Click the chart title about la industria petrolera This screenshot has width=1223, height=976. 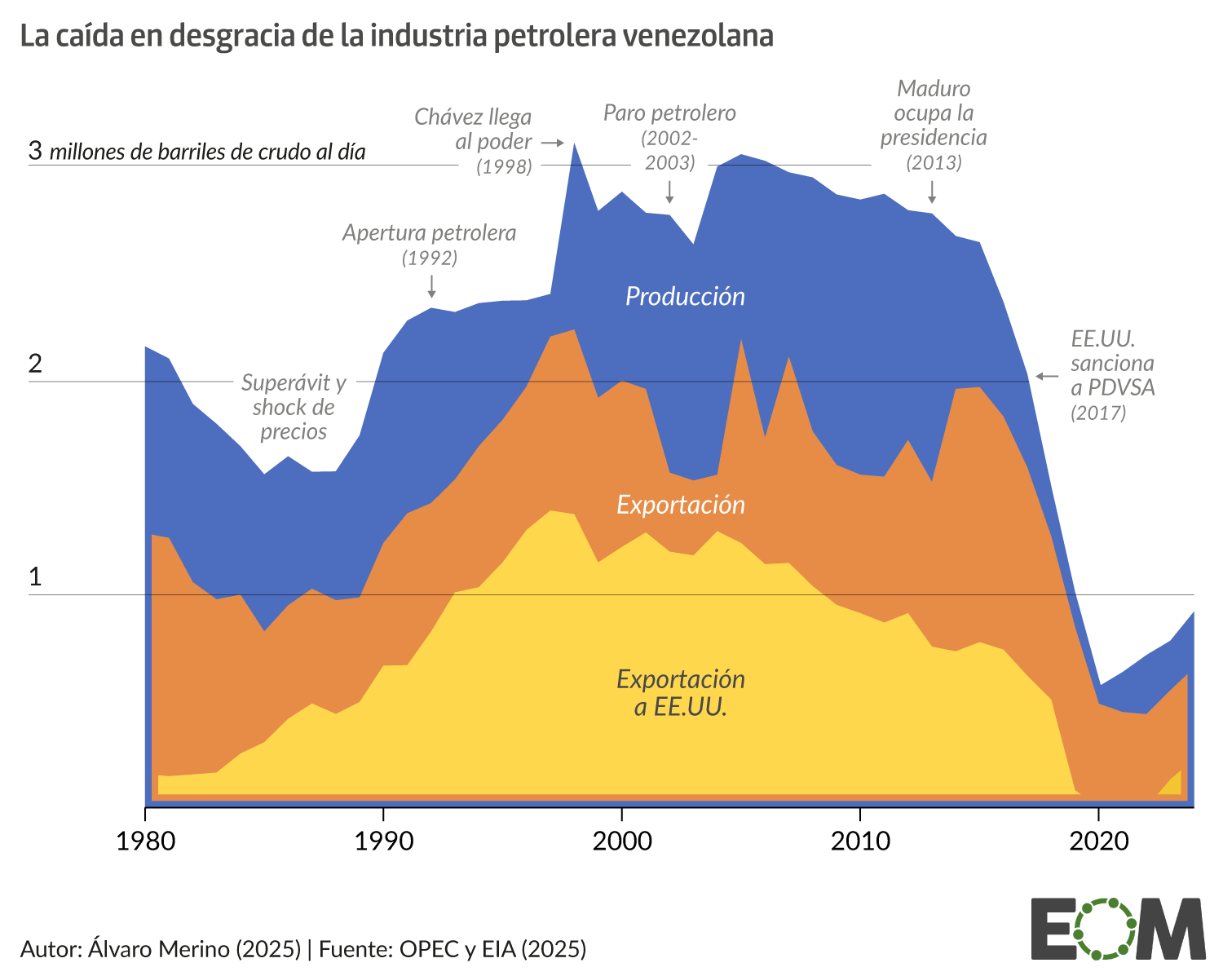(396, 37)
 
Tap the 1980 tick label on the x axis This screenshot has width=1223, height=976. (146, 841)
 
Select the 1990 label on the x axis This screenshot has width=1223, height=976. (384, 841)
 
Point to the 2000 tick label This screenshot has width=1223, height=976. (622, 841)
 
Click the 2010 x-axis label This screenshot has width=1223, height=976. (860, 841)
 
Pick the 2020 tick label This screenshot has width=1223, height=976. (1098, 841)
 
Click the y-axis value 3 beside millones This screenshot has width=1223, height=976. (35, 151)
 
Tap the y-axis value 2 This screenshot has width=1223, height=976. (35, 364)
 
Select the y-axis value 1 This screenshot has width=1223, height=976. (35, 577)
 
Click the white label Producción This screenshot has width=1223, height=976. (685, 296)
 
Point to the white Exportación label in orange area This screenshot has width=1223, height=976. (681, 505)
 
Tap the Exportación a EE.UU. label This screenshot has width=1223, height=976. (681, 692)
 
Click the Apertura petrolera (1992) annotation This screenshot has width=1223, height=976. (430, 245)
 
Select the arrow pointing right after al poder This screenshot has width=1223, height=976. (554, 143)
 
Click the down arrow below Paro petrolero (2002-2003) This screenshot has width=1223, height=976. (669, 192)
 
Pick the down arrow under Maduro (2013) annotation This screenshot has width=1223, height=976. (932, 192)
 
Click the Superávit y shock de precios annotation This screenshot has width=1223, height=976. (294, 407)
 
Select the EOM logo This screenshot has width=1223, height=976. (1118, 929)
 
